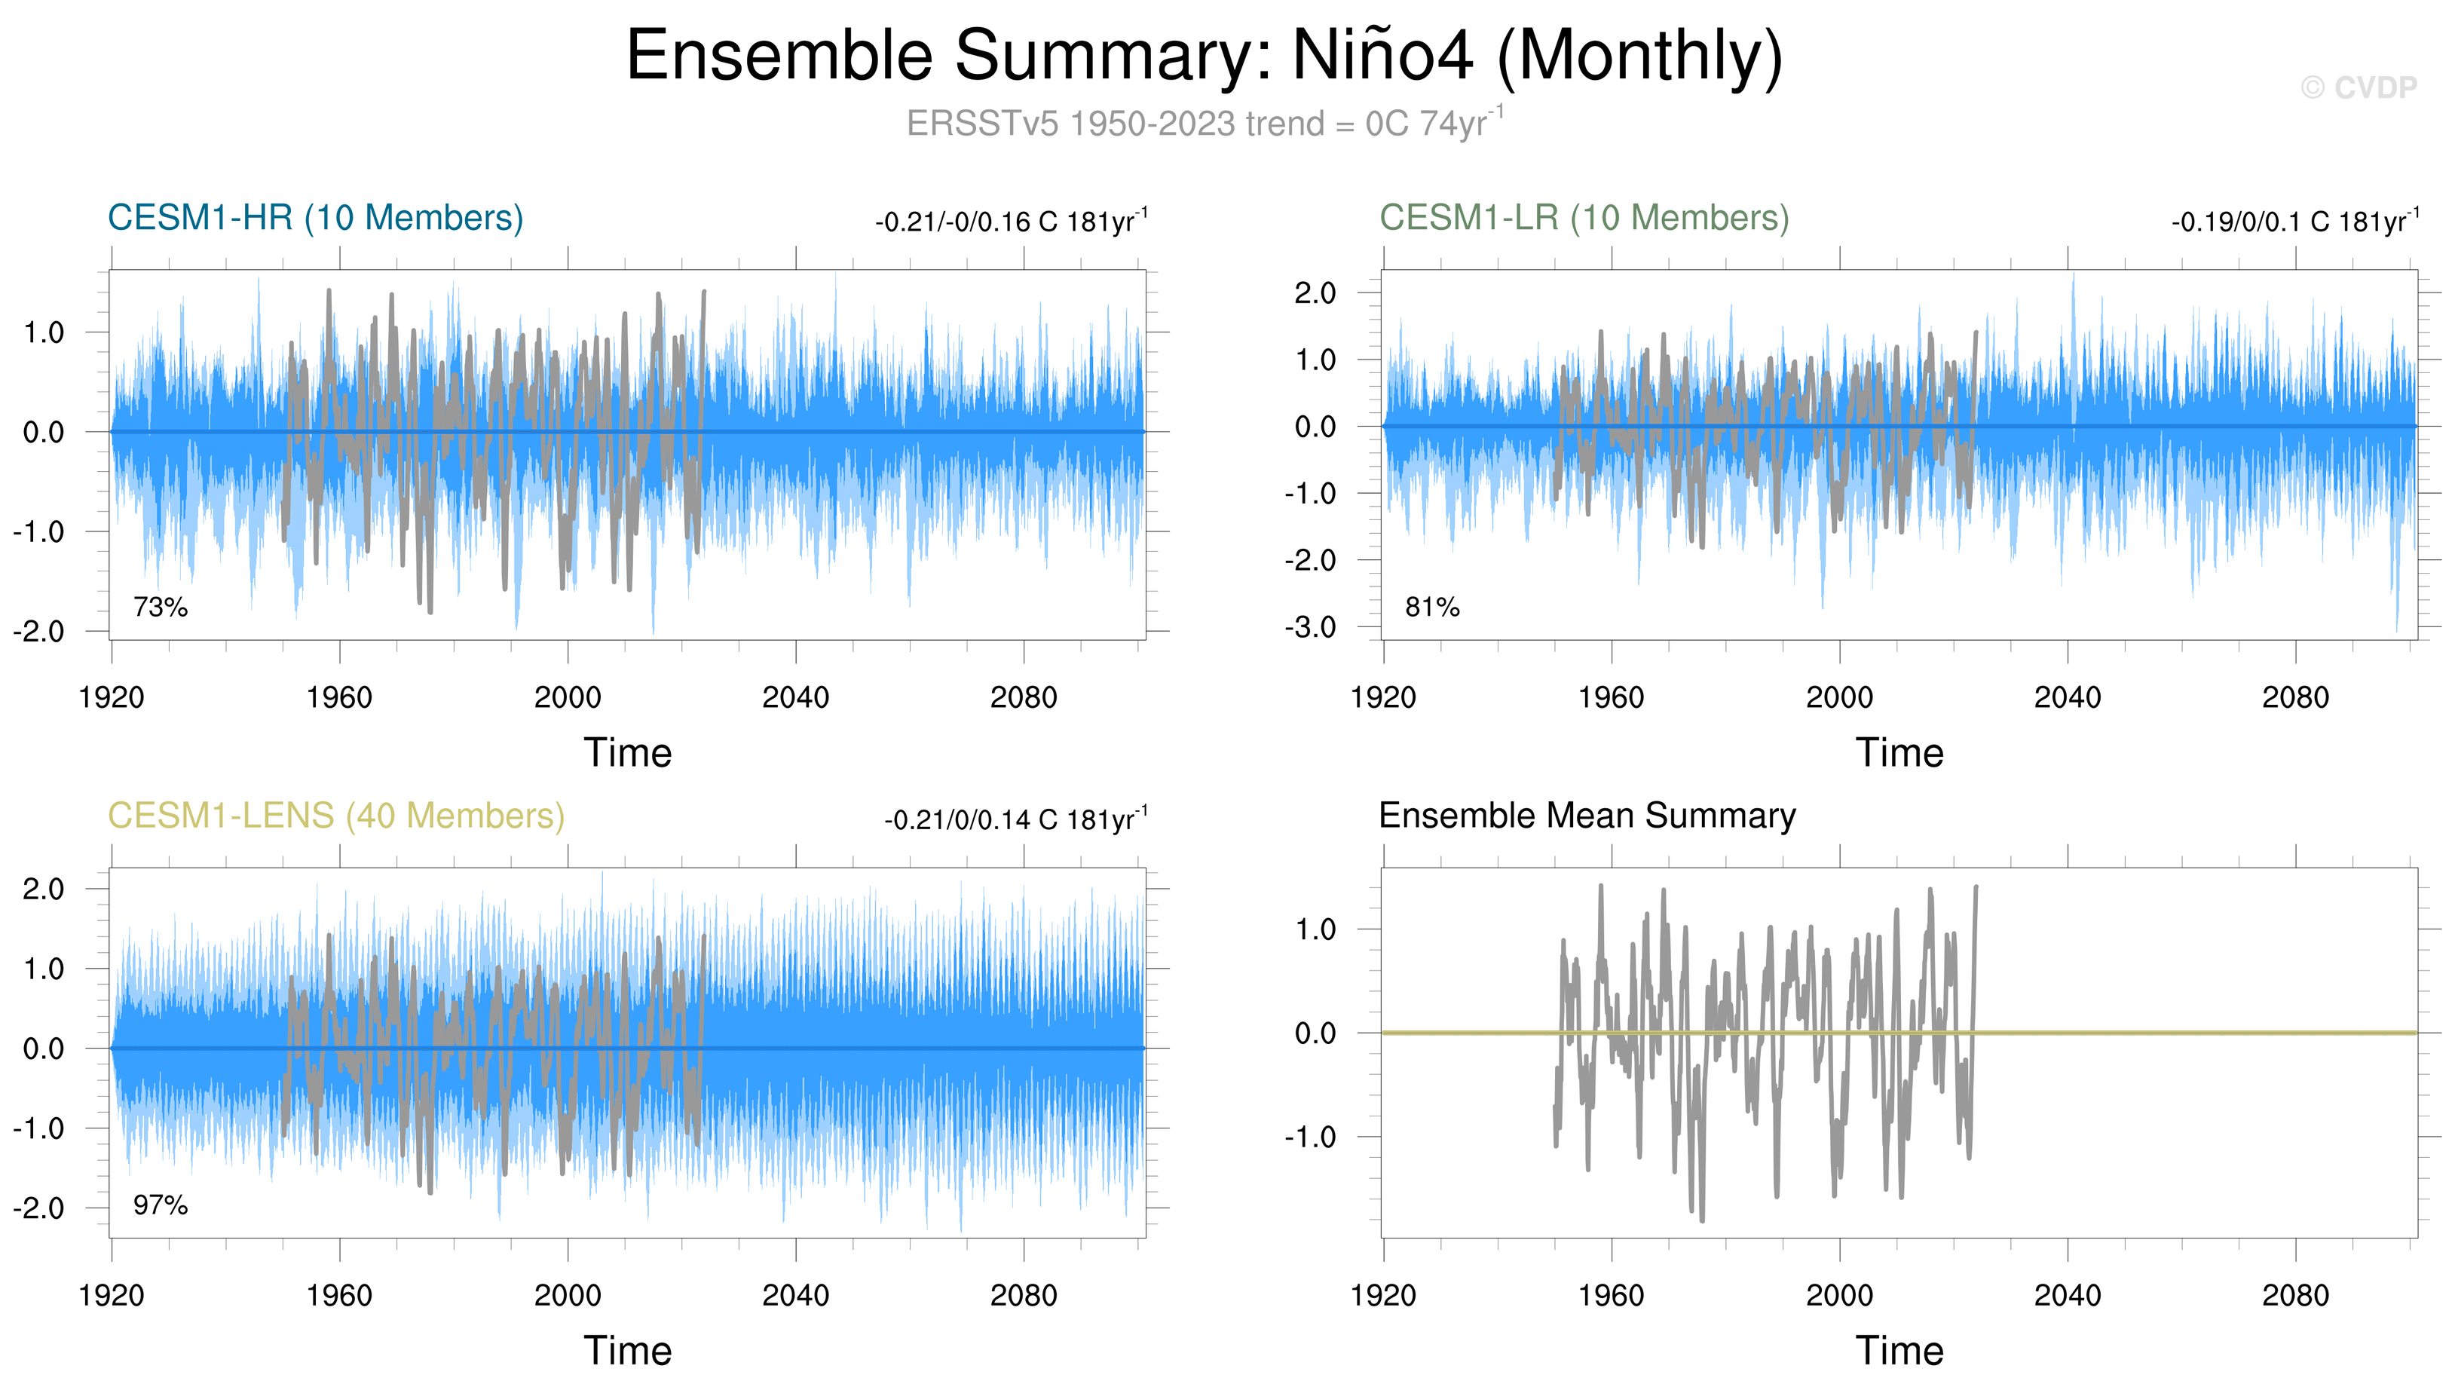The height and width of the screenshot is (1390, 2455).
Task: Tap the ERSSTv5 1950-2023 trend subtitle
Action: click(x=1204, y=124)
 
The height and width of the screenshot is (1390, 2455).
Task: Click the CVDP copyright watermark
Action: click(x=2358, y=88)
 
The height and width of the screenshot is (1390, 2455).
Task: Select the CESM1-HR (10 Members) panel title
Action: click(x=315, y=218)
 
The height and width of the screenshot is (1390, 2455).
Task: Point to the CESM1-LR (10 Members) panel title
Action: click(x=1584, y=218)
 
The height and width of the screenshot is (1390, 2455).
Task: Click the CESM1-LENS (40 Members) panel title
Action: click(x=336, y=816)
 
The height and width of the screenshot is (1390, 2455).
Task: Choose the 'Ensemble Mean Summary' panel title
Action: click(x=1587, y=816)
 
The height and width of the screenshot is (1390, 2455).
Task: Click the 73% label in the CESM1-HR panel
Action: click(x=161, y=607)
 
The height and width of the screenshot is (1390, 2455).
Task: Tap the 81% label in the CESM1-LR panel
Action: click(x=1431, y=607)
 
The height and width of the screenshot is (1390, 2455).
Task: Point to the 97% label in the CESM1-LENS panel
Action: click(x=161, y=1206)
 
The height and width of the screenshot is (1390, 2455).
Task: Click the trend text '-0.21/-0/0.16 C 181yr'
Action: click(x=1010, y=222)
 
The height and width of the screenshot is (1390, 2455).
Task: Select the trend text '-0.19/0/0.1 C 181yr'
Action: click(x=2294, y=222)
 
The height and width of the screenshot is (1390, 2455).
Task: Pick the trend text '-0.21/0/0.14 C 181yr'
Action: click(x=1015, y=820)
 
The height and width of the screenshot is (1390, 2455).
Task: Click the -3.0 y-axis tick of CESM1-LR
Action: click(x=1315, y=627)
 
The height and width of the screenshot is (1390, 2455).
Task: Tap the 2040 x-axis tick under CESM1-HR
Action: click(x=795, y=698)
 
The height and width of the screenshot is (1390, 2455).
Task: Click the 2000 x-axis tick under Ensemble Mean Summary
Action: click(x=1838, y=1297)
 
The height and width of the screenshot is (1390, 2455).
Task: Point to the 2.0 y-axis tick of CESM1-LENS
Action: click(x=43, y=889)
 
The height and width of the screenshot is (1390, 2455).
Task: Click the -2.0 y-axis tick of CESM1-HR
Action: click(x=38, y=631)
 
